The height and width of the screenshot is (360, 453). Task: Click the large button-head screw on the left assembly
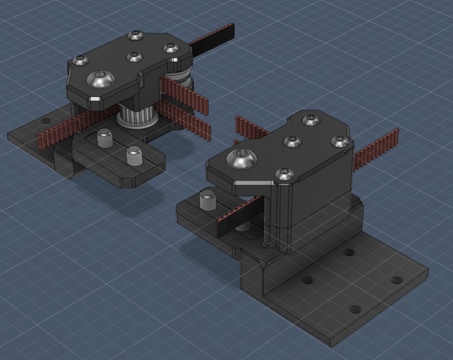click(x=100, y=79)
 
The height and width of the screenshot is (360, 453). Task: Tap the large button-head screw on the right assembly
click(x=241, y=158)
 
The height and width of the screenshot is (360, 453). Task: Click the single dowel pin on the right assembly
click(x=207, y=199)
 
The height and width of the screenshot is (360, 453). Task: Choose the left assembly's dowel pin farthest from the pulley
click(x=134, y=156)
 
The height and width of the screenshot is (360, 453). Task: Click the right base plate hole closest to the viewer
click(x=355, y=310)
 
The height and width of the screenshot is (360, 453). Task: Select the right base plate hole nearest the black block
click(x=349, y=252)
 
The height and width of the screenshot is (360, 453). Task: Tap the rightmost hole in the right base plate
click(x=396, y=280)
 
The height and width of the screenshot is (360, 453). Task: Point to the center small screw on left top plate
click(x=134, y=57)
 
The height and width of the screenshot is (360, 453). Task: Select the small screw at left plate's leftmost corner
click(x=81, y=60)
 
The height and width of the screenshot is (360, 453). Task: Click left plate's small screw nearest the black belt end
click(x=171, y=48)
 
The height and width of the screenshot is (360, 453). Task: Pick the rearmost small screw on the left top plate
click(x=136, y=36)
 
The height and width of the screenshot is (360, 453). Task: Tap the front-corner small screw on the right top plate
click(x=285, y=174)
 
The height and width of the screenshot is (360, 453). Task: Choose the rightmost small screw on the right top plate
click(x=340, y=141)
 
